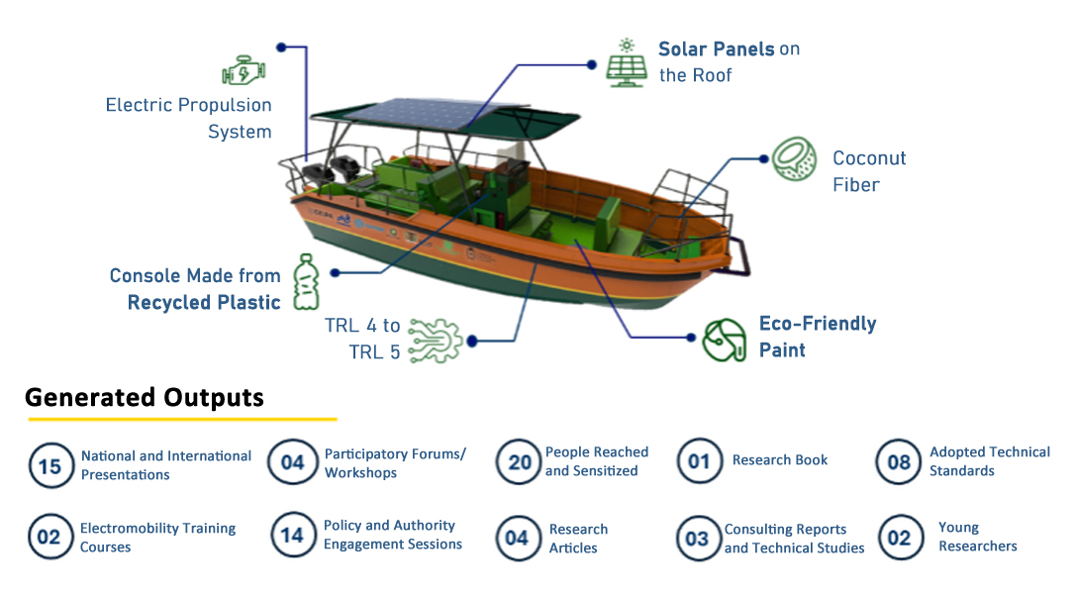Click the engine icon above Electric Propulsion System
coord(244,70)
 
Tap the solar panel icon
coord(627,63)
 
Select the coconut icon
coord(795,158)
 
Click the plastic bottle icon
coord(306,281)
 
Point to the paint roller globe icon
coord(725,340)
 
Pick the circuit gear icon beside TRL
coord(435,340)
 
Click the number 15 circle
coord(50,465)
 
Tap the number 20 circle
coord(519,461)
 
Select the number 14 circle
coord(293,535)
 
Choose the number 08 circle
coord(899,461)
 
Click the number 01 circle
coord(699,460)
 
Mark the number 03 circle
coord(698,538)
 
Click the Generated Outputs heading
coord(145,397)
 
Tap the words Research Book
coord(780,459)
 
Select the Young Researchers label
coord(977,537)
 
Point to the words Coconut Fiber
coord(869,171)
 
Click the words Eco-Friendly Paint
coord(818,337)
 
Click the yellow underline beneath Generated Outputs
coord(182,419)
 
